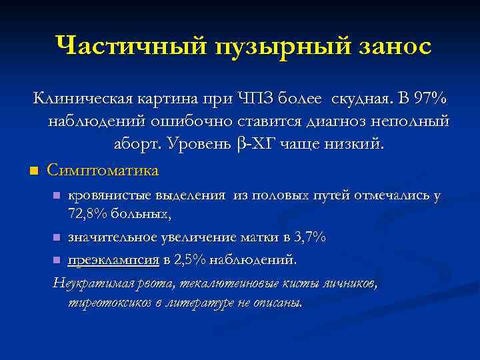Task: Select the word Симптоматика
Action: click(103, 171)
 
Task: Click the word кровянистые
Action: click(110, 197)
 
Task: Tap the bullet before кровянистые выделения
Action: click(57, 197)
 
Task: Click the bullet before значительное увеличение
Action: click(57, 238)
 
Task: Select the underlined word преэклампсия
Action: click(110, 259)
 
